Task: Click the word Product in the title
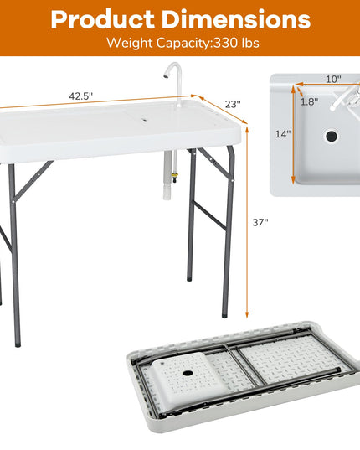click(103, 19)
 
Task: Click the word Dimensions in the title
click(236, 19)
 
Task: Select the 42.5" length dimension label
click(81, 96)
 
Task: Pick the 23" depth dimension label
click(233, 104)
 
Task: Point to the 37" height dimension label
click(260, 222)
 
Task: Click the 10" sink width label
click(334, 79)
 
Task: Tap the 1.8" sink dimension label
click(310, 101)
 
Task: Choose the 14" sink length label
click(283, 134)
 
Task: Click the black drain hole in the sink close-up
click(332, 136)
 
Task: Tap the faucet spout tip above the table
click(166, 76)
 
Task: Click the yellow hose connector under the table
click(174, 176)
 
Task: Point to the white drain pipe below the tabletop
click(167, 175)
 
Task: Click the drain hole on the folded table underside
click(188, 374)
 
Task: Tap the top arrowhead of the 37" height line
click(247, 130)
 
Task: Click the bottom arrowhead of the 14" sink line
click(293, 180)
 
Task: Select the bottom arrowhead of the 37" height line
click(247, 315)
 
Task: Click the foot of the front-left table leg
click(18, 343)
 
